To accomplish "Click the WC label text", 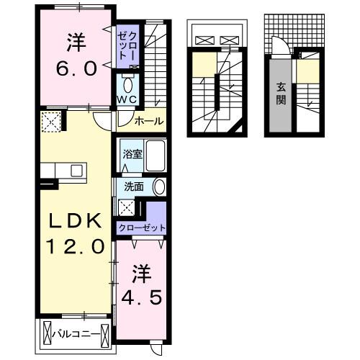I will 127,99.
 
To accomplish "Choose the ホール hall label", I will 149,121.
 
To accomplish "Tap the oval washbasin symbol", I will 159,187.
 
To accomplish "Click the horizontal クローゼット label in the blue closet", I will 142,228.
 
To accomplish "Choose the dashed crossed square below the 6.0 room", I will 52,122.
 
